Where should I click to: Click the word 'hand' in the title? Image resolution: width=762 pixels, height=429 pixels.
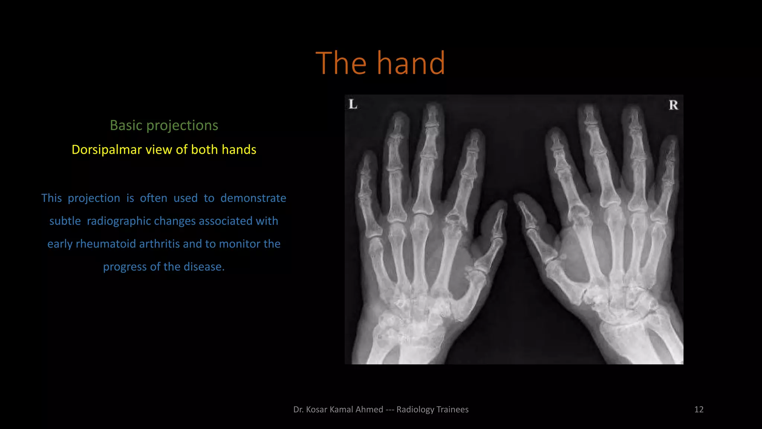point(411,63)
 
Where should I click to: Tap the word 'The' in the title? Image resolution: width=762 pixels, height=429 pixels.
point(341,63)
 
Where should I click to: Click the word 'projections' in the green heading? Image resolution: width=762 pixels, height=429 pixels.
point(182,125)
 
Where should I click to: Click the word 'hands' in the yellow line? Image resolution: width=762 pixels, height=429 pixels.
point(239,150)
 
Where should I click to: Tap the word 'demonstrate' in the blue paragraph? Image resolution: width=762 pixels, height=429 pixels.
point(253,198)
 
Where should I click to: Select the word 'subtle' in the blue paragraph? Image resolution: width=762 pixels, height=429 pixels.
point(65,221)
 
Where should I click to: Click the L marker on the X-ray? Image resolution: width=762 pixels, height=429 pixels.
point(353,104)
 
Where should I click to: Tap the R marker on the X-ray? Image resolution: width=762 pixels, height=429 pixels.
point(673,105)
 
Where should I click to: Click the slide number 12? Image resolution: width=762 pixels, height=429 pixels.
point(699,410)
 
